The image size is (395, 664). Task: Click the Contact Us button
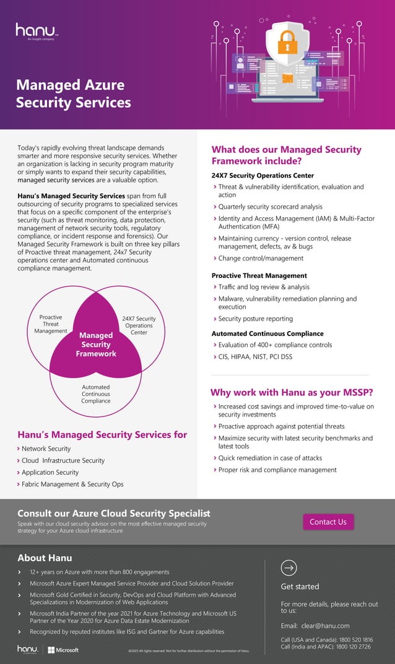click(x=328, y=522)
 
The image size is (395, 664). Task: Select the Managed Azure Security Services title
click(x=73, y=93)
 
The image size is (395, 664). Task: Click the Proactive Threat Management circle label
click(x=51, y=324)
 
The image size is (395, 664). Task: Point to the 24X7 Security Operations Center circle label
click(x=139, y=326)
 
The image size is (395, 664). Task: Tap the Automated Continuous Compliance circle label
click(x=96, y=394)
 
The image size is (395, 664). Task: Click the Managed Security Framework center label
click(x=96, y=345)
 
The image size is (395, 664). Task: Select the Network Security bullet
click(x=46, y=449)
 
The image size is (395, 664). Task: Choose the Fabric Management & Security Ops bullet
click(x=72, y=484)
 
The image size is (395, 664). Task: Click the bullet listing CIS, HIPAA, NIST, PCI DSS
click(x=255, y=356)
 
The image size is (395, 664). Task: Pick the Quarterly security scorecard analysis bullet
click(x=270, y=207)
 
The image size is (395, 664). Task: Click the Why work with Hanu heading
click(x=292, y=392)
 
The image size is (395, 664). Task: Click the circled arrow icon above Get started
click(x=289, y=567)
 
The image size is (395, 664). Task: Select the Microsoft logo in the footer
click(x=63, y=650)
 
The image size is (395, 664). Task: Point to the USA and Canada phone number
click(x=326, y=640)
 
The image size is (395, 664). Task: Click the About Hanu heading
click(x=45, y=558)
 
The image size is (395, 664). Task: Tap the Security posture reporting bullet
click(x=255, y=319)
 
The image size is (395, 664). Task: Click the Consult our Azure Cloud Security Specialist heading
click(x=114, y=513)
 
